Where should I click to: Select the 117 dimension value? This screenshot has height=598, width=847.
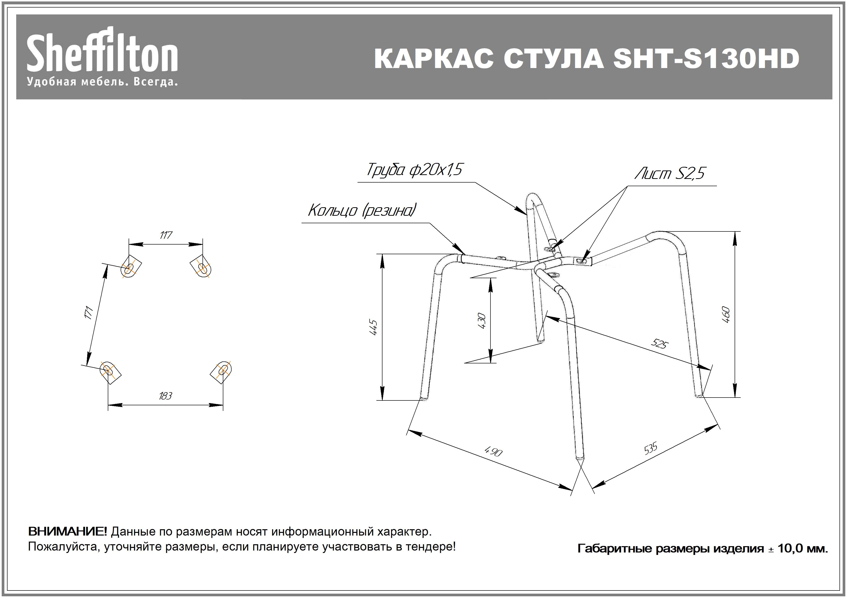click(x=166, y=235)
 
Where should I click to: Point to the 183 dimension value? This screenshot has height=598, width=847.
click(x=165, y=396)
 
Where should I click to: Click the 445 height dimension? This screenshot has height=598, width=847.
click(x=373, y=327)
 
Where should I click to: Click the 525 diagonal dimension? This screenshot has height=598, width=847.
click(x=659, y=344)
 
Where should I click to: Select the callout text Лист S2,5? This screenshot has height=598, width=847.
click(x=669, y=173)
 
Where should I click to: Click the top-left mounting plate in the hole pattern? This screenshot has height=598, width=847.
click(x=131, y=266)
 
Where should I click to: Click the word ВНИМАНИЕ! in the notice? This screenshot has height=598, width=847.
click(x=68, y=532)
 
